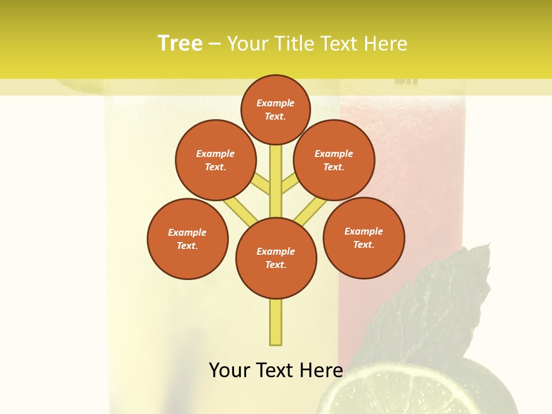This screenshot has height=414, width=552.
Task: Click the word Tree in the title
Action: click(x=180, y=44)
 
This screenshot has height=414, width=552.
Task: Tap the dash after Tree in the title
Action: click(x=214, y=44)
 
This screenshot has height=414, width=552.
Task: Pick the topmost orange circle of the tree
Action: click(x=275, y=109)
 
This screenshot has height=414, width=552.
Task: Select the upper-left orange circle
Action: click(x=215, y=160)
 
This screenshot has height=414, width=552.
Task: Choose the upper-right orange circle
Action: click(x=333, y=160)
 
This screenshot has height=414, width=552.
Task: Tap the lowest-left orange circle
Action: click(x=187, y=239)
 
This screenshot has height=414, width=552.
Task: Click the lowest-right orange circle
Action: click(x=363, y=237)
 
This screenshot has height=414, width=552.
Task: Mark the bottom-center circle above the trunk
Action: click(x=276, y=258)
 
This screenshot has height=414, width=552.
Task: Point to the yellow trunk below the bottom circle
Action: click(x=276, y=322)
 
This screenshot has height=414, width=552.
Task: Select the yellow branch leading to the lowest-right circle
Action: click(x=310, y=212)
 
